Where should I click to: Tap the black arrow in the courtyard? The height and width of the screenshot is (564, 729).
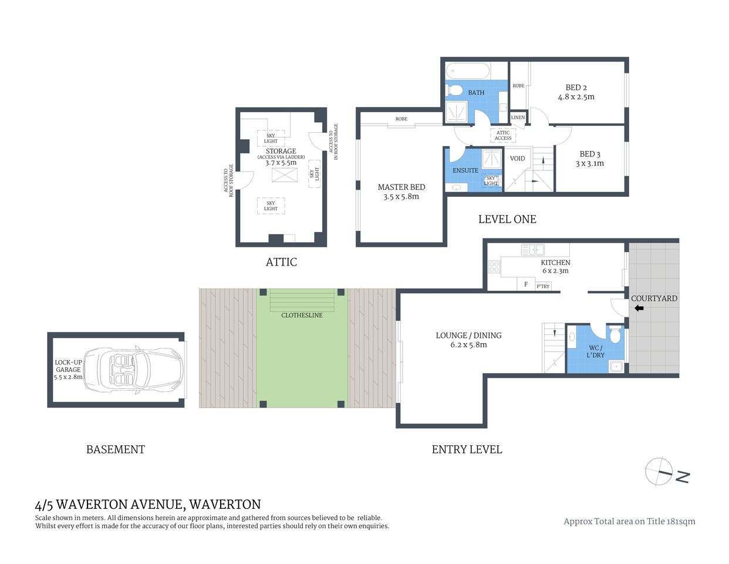pyautogui.click(x=639, y=308)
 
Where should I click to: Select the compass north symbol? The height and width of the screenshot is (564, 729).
pyautogui.click(x=660, y=472)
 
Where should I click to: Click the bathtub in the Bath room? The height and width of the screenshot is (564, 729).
pyautogui.click(x=468, y=72)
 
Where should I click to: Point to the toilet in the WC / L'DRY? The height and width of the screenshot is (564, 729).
pyautogui.click(x=615, y=335)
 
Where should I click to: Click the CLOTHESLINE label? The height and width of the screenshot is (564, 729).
pyautogui.click(x=302, y=315)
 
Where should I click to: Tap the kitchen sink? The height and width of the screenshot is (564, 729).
pyautogui.click(x=532, y=250)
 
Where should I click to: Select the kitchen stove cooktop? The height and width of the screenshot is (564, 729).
pyautogui.click(x=494, y=267)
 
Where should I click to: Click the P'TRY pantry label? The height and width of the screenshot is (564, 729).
pyautogui.click(x=543, y=286)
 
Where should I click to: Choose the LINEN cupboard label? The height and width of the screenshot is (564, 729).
pyautogui.click(x=518, y=117)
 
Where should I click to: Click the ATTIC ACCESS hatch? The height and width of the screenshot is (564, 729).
pyautogui.click(x=503, y=136)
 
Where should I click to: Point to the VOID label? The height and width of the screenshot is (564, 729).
pyautogui.click(x=517, y=159)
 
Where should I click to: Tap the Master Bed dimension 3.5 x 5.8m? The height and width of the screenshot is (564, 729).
pyautogui.click(x=401, y=197)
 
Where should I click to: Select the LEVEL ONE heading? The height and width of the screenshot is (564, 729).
pyautogui.click(x=507, y=219)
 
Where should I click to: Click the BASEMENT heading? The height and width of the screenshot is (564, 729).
pyautogui.click(x=116, y=449)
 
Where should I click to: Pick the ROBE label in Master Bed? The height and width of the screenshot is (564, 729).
pyautogui.click(x=401, y=119)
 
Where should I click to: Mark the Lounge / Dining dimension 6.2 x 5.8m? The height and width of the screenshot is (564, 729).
pyautogui.click(x=468, y=345)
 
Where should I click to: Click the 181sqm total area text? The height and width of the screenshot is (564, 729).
pyautogui.click(x=681, y=521)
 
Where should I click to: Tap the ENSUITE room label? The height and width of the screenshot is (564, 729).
pyautogui.click(x=465, y=170)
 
